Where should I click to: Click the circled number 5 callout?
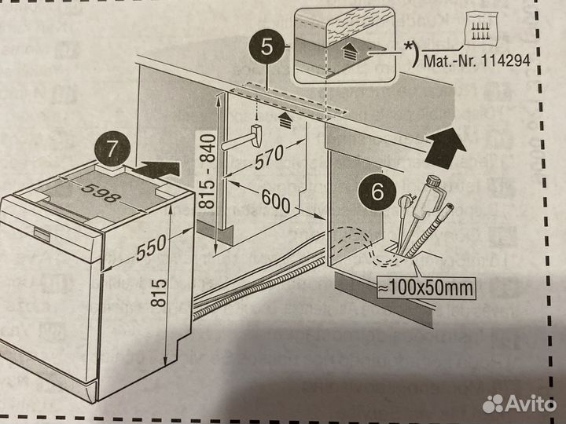tap(268, 46)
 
